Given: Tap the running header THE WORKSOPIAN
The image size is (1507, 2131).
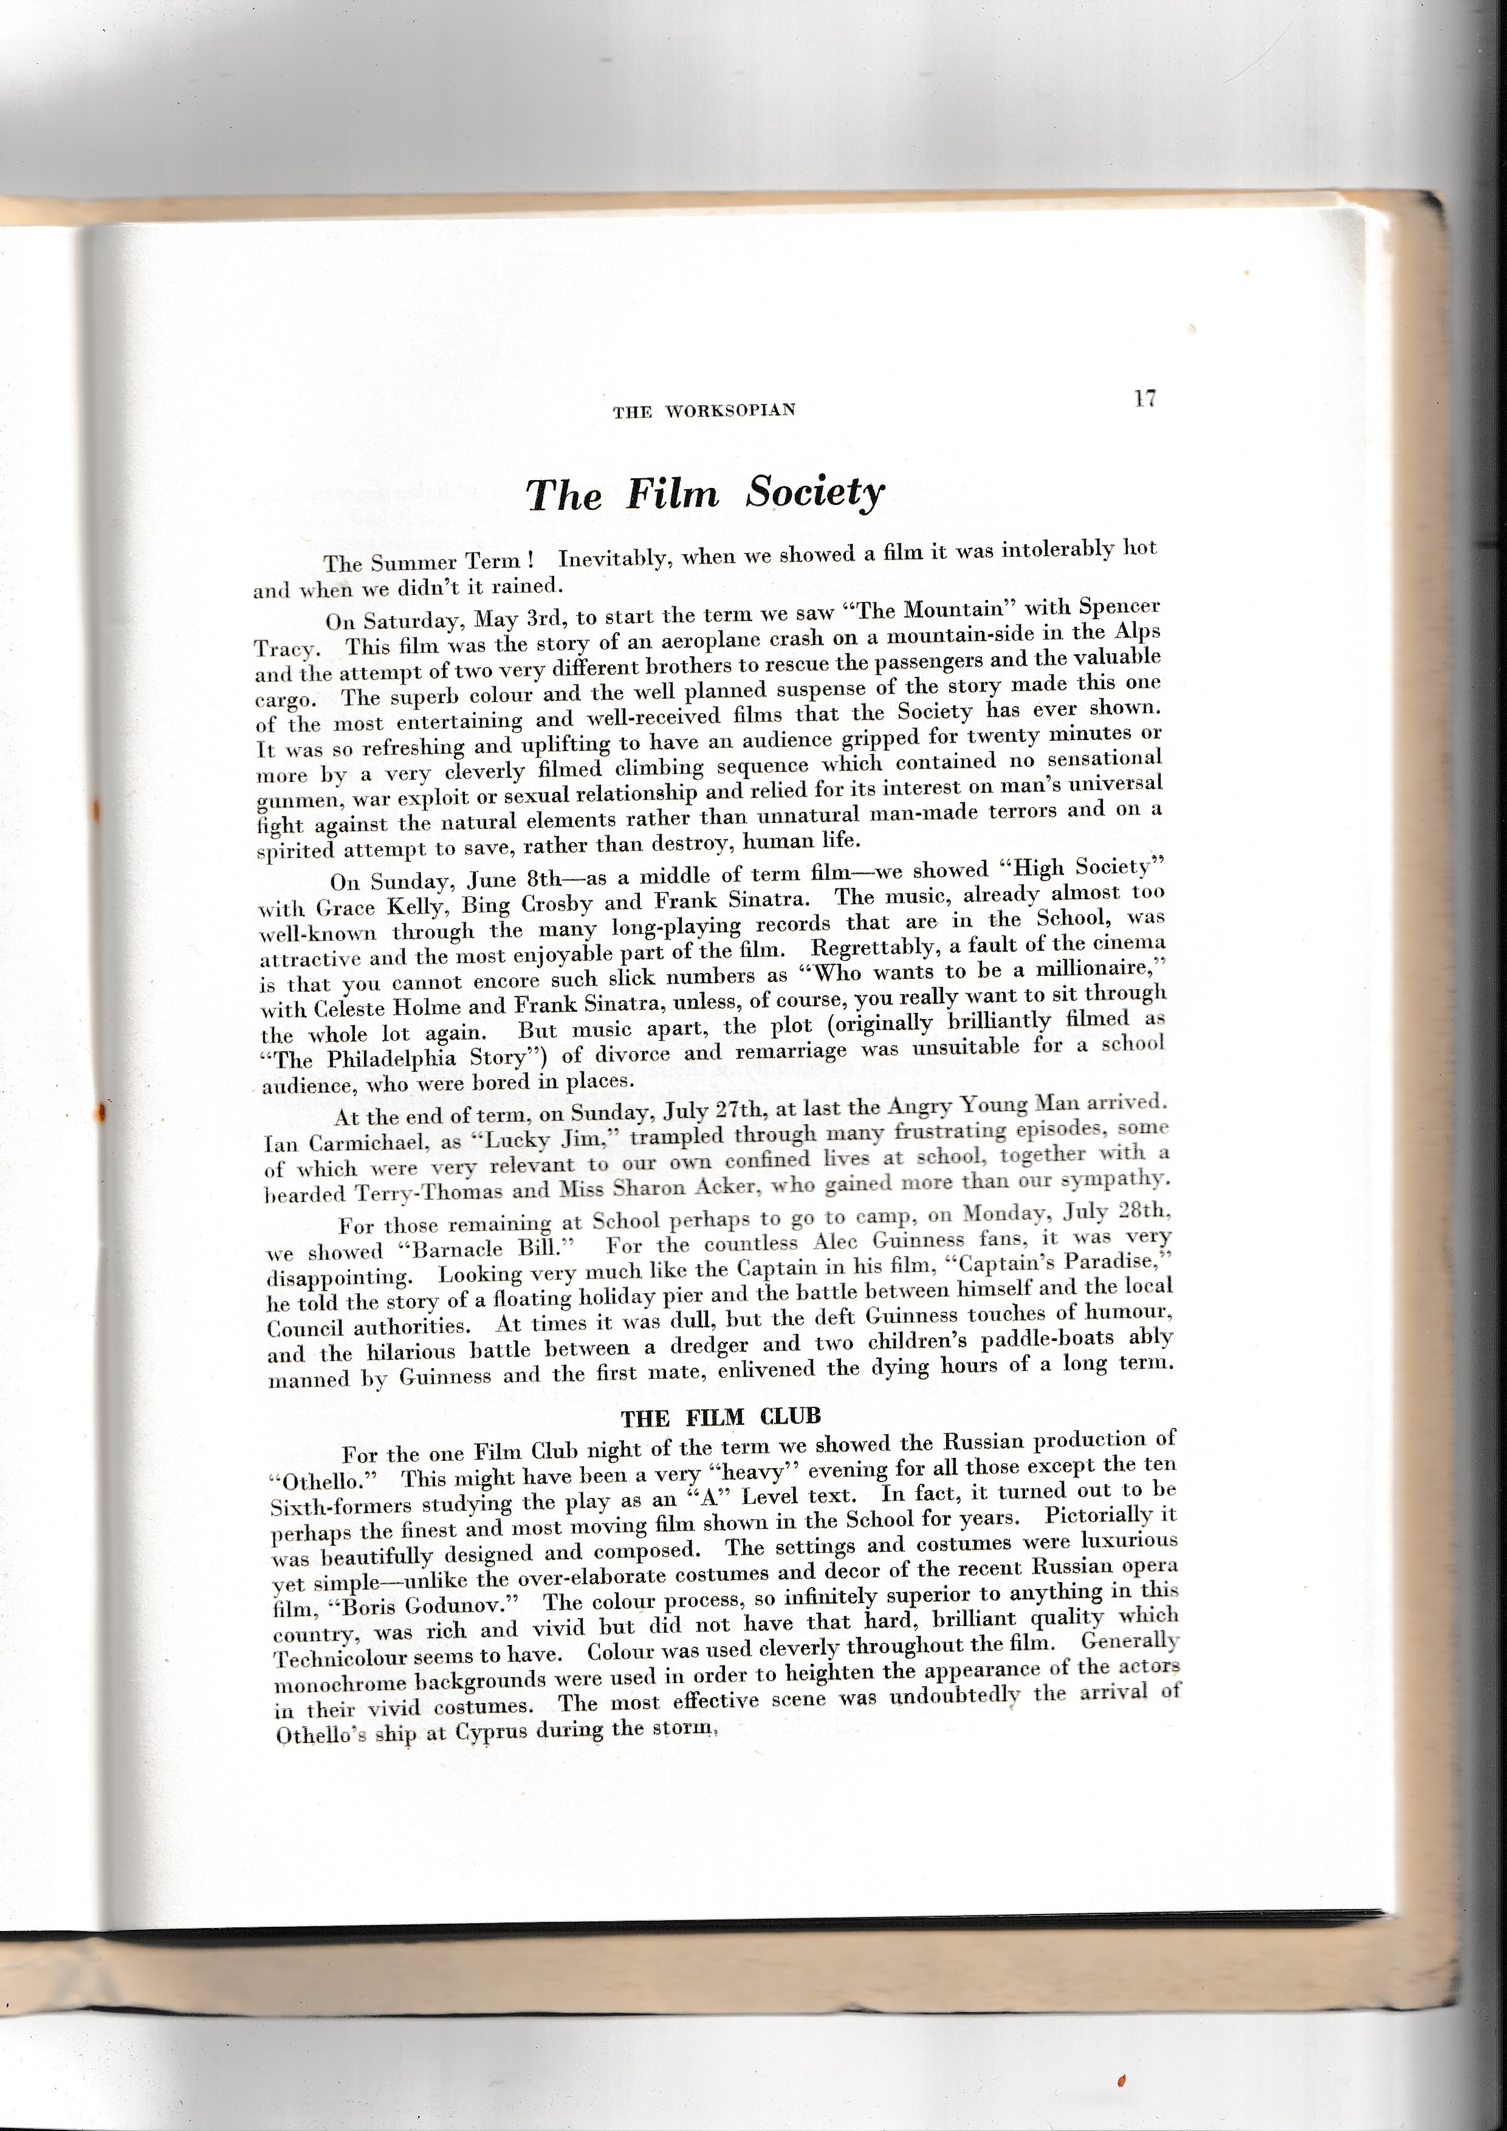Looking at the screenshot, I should pos(704,412).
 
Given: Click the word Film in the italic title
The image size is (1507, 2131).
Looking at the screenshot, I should pos(672,494).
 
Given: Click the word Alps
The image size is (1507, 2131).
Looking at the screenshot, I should pos(1136,631).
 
